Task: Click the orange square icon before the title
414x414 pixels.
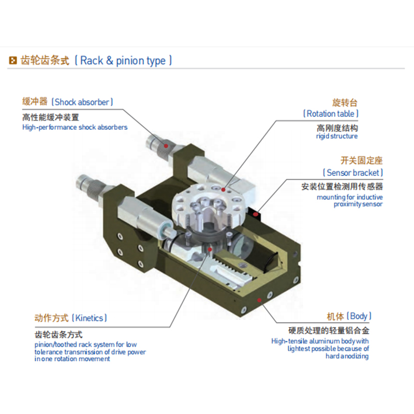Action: coord(13,61)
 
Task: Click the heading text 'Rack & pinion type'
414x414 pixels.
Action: coord(123,61)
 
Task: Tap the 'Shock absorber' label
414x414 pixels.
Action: coord(82,102)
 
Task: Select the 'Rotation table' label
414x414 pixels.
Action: coord(331,114)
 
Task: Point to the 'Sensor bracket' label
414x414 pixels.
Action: coord(353,173)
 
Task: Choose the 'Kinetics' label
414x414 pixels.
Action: coord(89,318)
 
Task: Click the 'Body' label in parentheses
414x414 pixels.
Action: coord(359,316)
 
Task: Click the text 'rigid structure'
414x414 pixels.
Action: coord(337,136)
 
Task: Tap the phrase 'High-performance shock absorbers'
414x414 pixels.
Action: coord(75,127)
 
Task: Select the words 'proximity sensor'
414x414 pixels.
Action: coord(358,204)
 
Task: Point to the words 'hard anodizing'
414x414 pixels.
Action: coord(347,356)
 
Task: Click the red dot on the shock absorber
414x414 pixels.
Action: coord(166,146)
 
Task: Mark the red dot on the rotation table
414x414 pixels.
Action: coord(224,189)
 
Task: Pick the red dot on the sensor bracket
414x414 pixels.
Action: coord(255,214)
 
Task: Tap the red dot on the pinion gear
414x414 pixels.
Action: coord(210,249)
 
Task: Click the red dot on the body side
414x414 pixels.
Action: coord(259,300)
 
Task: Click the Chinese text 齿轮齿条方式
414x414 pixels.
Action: coord(58,335)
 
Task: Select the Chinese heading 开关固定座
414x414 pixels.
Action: coord(361,160)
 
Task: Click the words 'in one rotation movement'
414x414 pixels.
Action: coord(72,359)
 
